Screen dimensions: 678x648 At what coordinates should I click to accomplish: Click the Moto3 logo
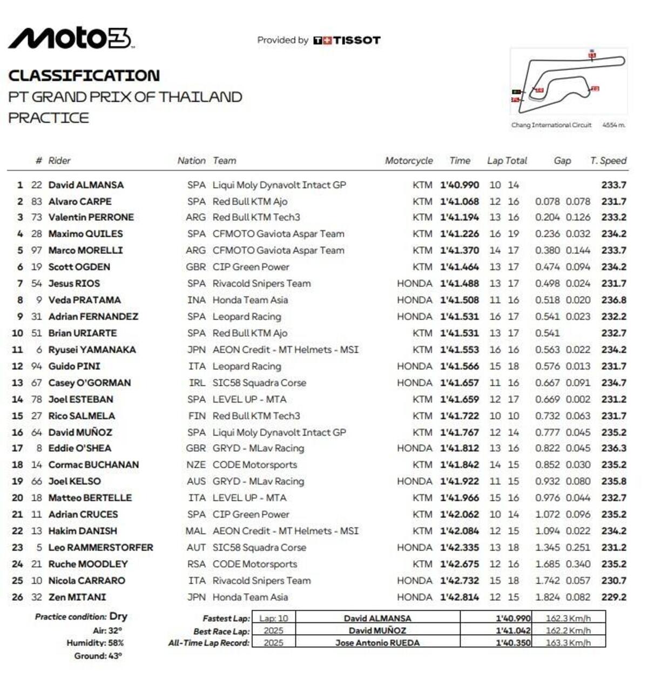(x=70, y=38)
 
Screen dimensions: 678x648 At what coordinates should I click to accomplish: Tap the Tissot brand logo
(x=347, y=41)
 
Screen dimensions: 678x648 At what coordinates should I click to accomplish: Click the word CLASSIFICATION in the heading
(x=84, y=76)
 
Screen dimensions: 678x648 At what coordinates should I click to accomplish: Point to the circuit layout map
(x=568, y=81)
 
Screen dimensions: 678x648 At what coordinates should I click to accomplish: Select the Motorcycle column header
(x=409, y=160)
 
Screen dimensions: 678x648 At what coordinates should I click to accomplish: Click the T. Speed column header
(x=608, y=160)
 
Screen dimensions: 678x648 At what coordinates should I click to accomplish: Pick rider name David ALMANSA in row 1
(x=86, y=185)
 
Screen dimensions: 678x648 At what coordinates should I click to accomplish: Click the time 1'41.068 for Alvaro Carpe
(x=460, y=202)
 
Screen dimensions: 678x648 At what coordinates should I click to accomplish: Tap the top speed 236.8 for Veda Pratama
(x=614, y=300)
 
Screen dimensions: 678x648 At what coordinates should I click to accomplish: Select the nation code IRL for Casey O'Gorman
(x=197, y=382)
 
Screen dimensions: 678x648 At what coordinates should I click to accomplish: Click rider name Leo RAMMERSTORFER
(x=100, y=547)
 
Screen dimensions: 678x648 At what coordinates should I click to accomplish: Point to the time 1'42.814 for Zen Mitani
(x=460, y=597)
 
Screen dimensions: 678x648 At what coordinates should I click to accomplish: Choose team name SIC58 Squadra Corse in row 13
(x=259, y=382)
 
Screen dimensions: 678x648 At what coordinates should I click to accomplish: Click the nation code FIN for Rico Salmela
(x=197, y=416)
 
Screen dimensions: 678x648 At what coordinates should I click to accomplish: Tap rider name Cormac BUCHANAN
(x=93, y=465)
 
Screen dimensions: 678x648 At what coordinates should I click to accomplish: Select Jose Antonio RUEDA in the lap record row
(x=377, y=643)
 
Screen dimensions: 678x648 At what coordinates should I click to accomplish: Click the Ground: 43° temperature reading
(x=98, y=656)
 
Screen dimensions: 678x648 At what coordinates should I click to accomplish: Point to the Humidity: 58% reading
(x=95, y=643)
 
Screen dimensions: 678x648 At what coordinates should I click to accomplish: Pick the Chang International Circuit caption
(x=551, y=125)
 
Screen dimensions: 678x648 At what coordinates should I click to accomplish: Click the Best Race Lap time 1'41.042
(x=513, y=630)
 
